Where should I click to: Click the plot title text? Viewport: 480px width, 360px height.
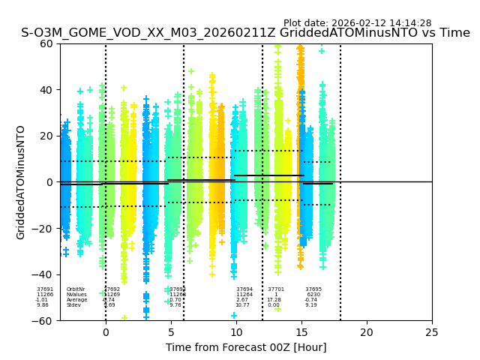[245, 33]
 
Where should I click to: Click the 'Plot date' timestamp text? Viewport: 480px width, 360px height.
[357, 23]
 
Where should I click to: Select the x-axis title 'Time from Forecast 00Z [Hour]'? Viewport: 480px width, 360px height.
[246, 347]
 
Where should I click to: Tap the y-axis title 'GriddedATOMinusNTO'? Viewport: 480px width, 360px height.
[21, 182]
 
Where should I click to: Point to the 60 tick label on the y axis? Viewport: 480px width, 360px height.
[46, 43]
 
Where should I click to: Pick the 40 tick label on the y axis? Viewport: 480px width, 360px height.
[46, 90]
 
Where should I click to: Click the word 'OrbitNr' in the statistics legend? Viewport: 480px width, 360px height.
[76, 289]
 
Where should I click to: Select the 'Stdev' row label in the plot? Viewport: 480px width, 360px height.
[73, 305]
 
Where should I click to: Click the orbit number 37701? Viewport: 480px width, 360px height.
[276, 289]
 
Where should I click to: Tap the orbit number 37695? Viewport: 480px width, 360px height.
[313, 289]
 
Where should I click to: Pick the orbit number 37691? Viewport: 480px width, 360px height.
[45, 289]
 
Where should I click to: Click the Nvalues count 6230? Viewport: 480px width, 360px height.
[313, 295]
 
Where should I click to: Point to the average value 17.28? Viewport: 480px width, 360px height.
[274, 300]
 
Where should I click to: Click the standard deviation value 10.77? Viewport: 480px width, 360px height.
[242, 305]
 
